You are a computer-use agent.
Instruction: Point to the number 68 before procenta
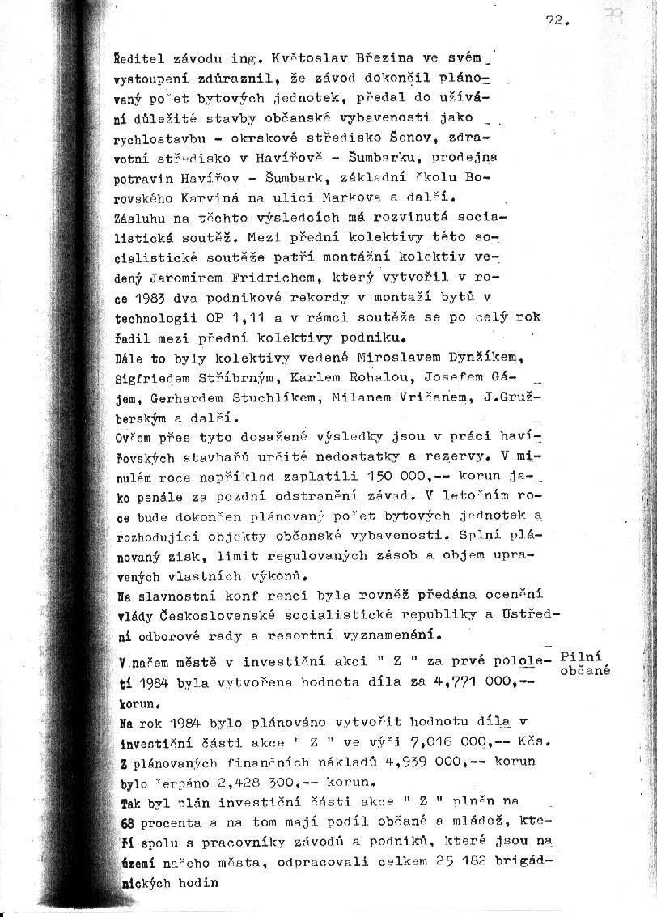126,821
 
